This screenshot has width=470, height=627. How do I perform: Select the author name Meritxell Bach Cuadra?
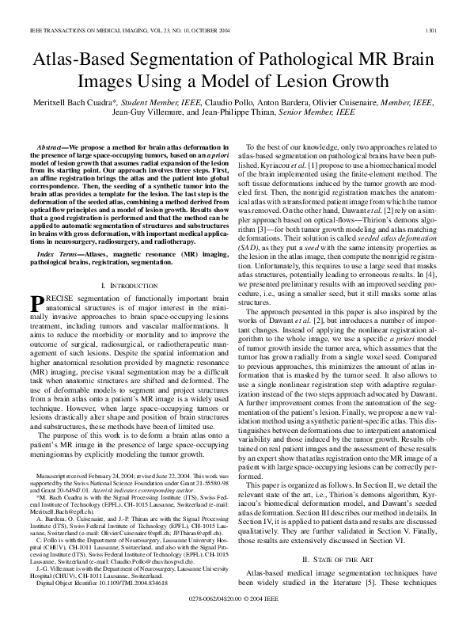[88, 102]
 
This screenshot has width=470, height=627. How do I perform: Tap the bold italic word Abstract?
[53, 148]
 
